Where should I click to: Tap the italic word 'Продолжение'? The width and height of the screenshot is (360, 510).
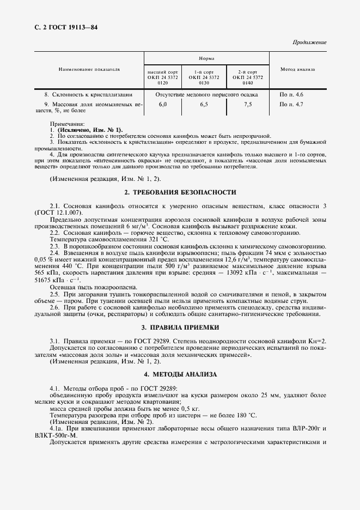[309, 42]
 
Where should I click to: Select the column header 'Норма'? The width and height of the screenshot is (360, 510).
[206, 58]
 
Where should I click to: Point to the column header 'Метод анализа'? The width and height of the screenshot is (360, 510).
[297, 70]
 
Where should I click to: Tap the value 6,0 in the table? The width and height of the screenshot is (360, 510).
[163, 104]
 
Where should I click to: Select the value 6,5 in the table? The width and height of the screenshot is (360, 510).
[205, 104]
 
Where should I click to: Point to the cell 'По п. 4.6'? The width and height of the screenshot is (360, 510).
[291, 94]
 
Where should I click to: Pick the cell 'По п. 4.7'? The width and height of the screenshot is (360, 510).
[291, 104]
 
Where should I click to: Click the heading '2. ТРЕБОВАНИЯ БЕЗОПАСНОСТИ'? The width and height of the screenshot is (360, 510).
[180, 192]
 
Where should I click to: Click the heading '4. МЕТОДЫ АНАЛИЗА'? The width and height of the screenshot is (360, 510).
[180, 375]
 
